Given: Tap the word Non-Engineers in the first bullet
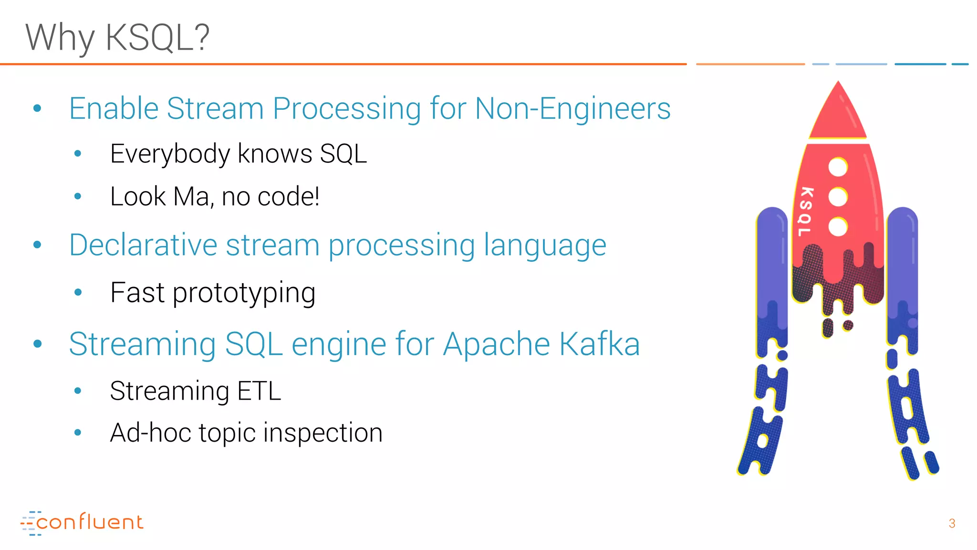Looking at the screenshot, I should [572, 108].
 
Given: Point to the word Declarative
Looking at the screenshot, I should [143, 245].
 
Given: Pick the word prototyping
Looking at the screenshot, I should [244, 293].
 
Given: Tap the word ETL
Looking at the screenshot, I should [259, 391].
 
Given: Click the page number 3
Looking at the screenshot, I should [952, 524].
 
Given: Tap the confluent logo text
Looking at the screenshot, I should [90, 522].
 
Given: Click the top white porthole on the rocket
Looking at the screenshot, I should [838, 167].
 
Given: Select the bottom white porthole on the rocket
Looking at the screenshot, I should [838, 226].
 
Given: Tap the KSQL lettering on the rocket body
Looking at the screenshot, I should [805, 212].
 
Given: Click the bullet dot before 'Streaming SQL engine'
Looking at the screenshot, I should [38, 344].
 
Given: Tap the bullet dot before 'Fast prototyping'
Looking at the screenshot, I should [78, 293].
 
